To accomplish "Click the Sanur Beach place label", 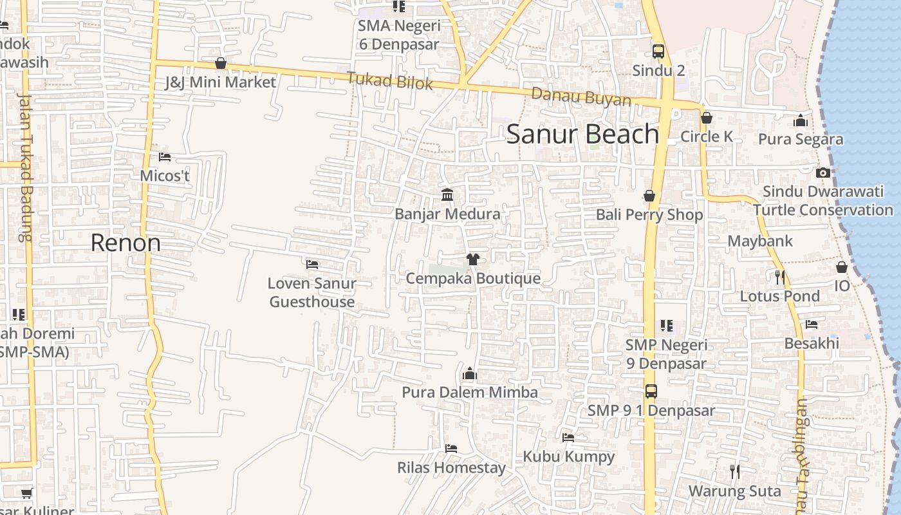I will (582, 134).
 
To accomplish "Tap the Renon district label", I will (125, 243).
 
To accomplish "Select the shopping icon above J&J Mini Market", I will (221, 63).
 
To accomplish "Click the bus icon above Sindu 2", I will (658, 51).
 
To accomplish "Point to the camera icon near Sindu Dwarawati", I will (822, 173).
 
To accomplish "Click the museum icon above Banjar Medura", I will (447, 194).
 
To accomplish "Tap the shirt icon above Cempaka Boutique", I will (473, 259).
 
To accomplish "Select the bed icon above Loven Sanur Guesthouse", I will (312, 264).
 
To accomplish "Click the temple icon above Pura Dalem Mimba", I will (469, 373).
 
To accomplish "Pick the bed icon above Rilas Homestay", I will (451, 448).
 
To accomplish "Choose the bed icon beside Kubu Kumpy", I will (568, 438).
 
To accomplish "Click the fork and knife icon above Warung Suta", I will (734, 472).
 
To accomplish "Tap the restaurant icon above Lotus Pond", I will (779, 277).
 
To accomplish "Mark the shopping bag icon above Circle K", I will (706, 118).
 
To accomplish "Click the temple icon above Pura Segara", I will (801, 120).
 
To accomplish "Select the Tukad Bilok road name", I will (389, 82).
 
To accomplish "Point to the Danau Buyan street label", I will (581, 97).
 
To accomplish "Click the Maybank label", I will (760, 241).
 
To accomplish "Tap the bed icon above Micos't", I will (165, 157).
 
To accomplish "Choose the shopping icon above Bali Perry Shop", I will (649, 196).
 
